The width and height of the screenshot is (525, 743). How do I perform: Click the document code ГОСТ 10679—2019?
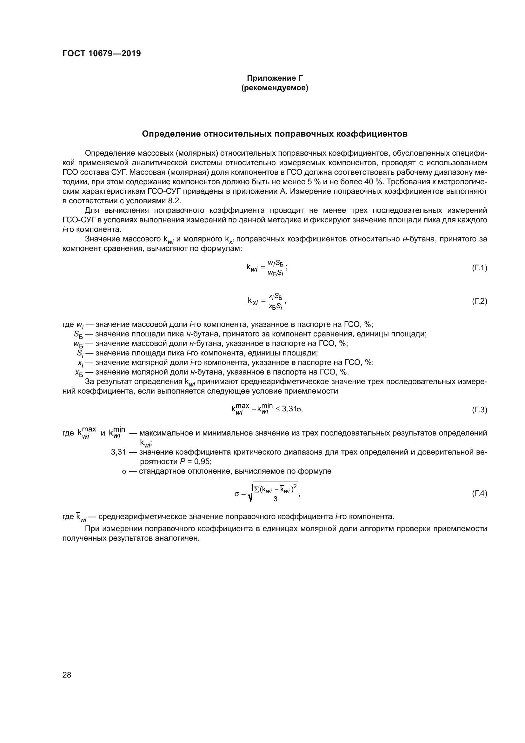(102, 53)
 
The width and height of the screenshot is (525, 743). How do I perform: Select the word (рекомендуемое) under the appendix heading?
(275, 88)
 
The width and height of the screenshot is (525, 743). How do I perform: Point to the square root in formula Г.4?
(273, 494)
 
